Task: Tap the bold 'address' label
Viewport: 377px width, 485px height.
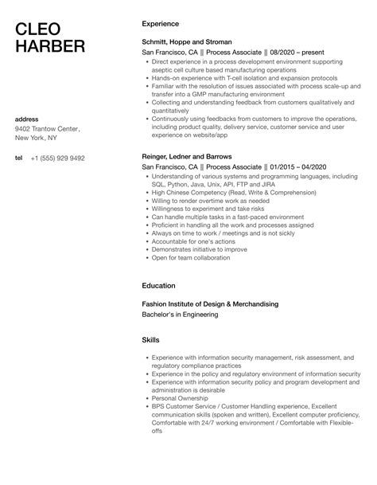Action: pos(28,119)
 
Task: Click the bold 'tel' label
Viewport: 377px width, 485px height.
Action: pos(18,158)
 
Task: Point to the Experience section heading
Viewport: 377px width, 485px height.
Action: pos(160,24)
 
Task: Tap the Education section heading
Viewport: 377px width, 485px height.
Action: pos(158,285)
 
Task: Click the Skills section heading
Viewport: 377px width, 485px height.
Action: pos(150,339)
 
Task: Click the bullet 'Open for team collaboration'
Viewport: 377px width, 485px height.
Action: pos(190,258)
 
